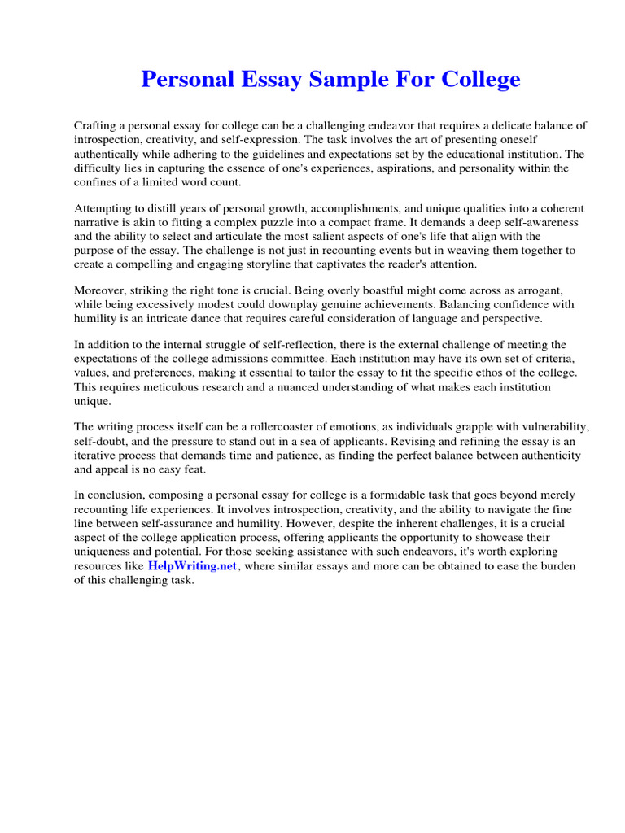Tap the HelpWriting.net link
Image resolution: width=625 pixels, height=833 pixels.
click(192, 565)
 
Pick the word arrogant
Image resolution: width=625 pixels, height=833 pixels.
click(552, 290)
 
